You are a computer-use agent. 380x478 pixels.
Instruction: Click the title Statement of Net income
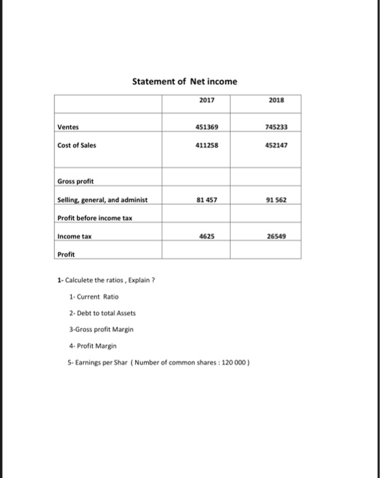[185, 81]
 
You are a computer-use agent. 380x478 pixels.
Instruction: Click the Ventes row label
[68, 126]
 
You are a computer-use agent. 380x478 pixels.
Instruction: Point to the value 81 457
[205, 200]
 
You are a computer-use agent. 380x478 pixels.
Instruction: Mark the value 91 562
[274, 200]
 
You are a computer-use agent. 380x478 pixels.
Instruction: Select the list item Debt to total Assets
[103, 313]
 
